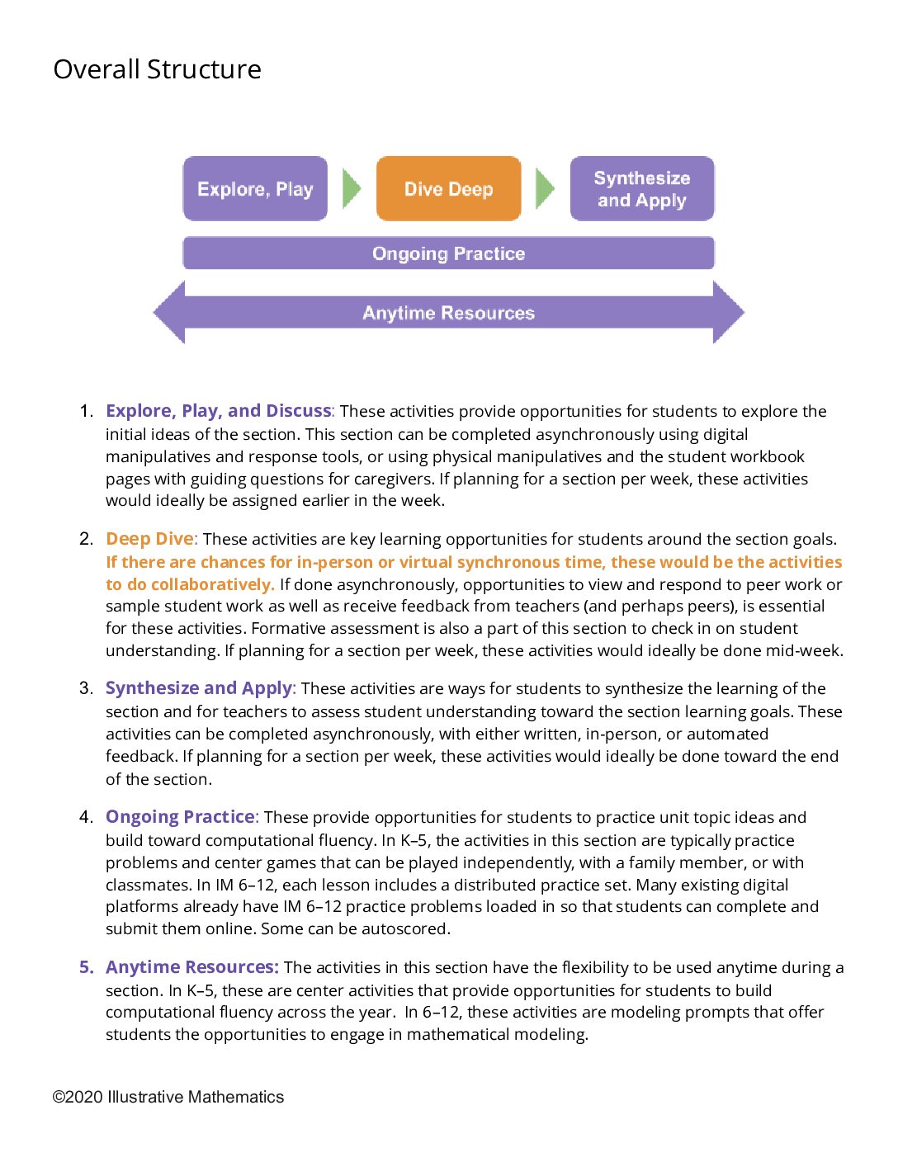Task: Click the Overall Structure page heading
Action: coord(158,69)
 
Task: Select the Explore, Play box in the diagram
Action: coord(255,188)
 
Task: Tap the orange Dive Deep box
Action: coord(449,188)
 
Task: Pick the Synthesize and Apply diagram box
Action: coord(642,188)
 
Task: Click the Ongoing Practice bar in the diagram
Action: coord(449,253)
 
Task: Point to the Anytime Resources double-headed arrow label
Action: coord(449,313)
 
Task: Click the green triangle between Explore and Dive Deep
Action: coord(352,189)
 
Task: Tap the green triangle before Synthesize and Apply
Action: coord(545,189)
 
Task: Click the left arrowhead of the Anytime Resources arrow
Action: coord(168,312)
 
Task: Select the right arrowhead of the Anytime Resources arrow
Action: coord(729,312)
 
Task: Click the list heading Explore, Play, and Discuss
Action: coord(218,411)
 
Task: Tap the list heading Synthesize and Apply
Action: coord(199,688)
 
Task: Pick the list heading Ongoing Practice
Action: coord(180,816)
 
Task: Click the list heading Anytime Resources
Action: coord(192,966)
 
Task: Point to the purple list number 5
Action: coord(86,966)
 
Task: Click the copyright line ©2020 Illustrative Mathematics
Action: coord(168,1097)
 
